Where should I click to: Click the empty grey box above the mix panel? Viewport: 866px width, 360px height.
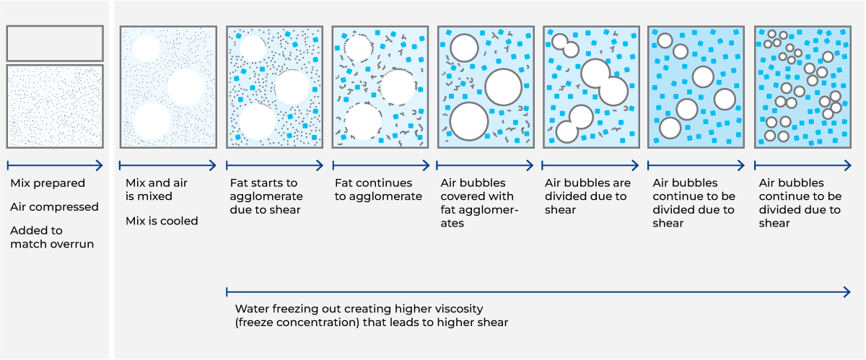coord(55,43)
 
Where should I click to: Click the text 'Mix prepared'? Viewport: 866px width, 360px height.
coord(48,183)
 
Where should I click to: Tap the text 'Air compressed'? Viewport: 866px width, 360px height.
coord(54,207)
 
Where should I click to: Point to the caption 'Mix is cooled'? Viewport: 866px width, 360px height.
coord(162,221)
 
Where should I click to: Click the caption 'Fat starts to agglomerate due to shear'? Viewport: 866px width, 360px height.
coord(265,196)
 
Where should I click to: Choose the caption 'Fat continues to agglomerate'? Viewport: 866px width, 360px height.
coord(378,190)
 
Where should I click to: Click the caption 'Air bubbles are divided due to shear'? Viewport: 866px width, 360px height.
coord(587,196)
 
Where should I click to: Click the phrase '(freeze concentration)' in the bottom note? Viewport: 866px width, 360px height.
coord(294,322)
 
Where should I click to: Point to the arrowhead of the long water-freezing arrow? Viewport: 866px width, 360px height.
coord(848,291)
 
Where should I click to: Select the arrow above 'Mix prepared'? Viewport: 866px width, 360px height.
coord(55,166)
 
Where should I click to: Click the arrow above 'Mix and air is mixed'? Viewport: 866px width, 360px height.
coord(167,166)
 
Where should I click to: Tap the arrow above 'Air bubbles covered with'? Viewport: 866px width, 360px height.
coord(484,166)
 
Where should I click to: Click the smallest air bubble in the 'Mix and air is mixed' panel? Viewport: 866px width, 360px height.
coord(146,48)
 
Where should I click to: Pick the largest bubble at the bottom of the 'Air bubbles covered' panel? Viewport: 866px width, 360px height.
coord(468,120)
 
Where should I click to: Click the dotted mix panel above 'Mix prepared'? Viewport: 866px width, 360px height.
coord(55,106)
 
